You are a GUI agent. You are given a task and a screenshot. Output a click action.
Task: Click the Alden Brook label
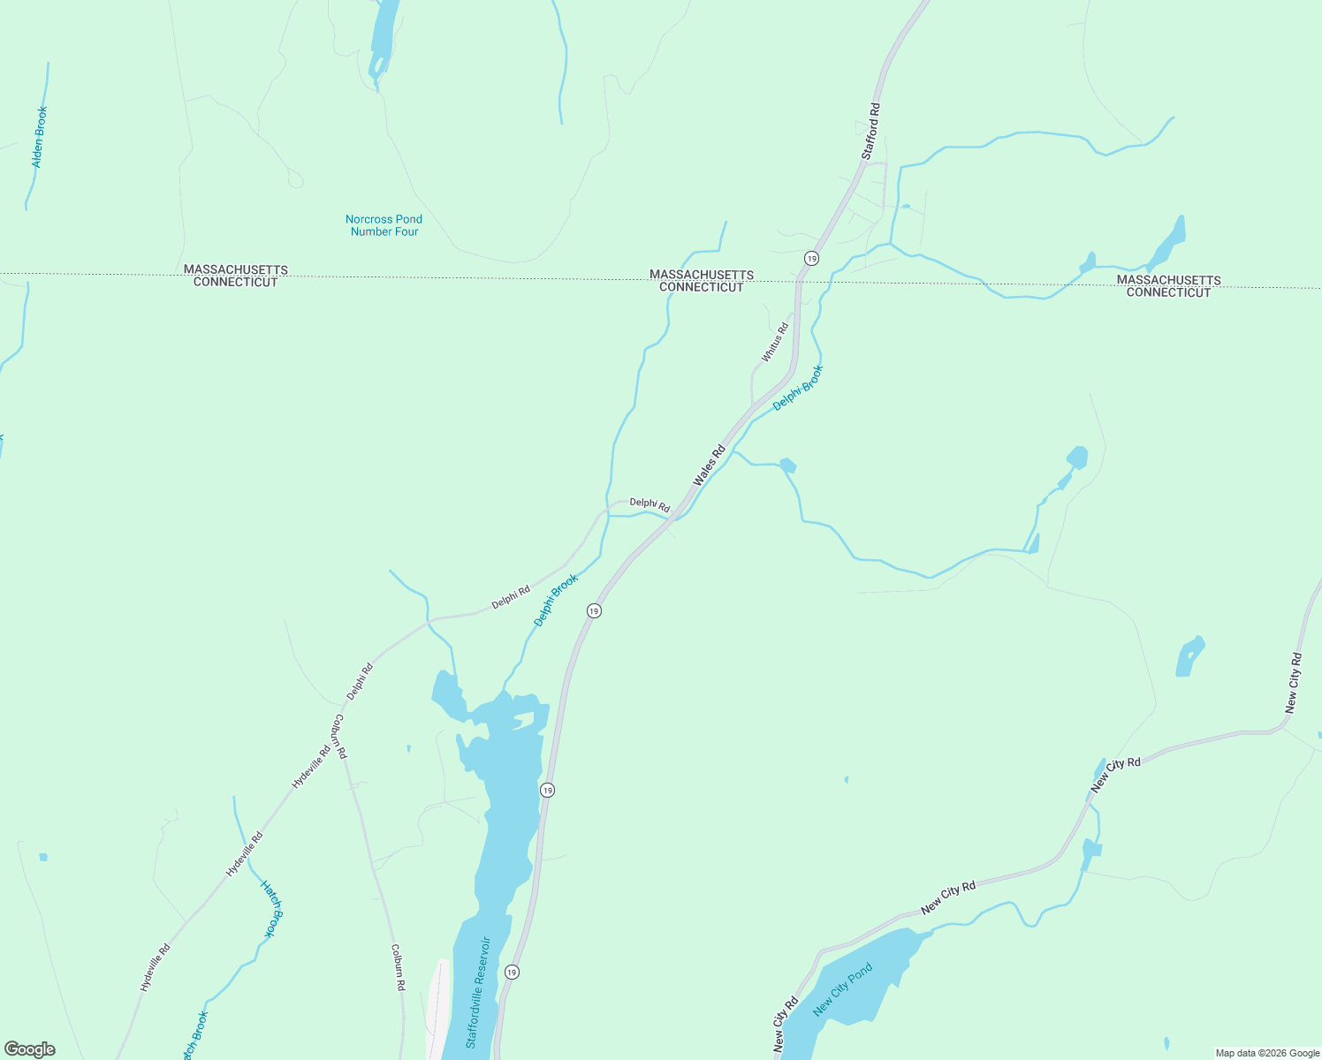(39, 137)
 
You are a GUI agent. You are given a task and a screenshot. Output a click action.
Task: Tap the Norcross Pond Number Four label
(384, 225)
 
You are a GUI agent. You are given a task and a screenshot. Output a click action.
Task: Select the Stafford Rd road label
(871, 132)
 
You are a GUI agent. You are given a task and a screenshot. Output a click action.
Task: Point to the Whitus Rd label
(775, 342)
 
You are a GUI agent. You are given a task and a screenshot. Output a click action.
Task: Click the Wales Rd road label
(709, 465)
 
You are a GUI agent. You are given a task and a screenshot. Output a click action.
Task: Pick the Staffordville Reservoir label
(478, 992)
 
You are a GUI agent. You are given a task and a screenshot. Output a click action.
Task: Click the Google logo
(30, 1049)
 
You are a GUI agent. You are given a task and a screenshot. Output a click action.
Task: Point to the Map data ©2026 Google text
(1266, 1053)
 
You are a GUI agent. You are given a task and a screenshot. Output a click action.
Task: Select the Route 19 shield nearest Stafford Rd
(811, 258)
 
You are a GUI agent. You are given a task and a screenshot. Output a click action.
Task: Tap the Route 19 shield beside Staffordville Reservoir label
(512, 972)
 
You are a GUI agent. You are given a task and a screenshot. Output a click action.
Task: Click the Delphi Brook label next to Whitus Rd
(797, 388)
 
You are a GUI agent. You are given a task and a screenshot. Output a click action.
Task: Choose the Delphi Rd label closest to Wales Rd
(650, 506)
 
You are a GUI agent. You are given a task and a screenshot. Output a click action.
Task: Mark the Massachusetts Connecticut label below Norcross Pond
(236, 276)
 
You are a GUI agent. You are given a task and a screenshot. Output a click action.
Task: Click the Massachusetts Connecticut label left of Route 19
(702, 281)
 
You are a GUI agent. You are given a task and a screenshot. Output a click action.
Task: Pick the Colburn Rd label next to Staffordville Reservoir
(398, 966)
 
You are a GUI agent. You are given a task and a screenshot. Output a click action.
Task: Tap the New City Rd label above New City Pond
(947, 898)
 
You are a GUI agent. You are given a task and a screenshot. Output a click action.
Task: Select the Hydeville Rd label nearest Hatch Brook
(244, 854)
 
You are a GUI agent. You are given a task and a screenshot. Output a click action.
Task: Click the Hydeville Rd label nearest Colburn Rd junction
(311, 766)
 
